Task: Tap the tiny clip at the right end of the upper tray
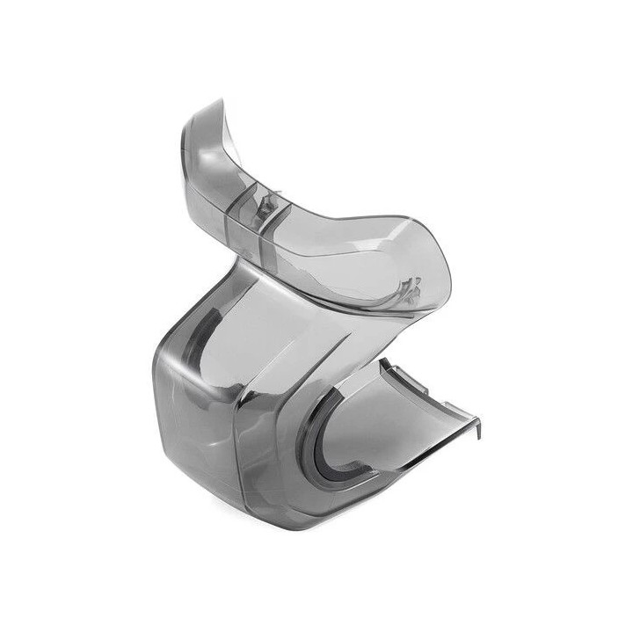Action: (409, 287)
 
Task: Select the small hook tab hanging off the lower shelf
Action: (477, 428)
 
